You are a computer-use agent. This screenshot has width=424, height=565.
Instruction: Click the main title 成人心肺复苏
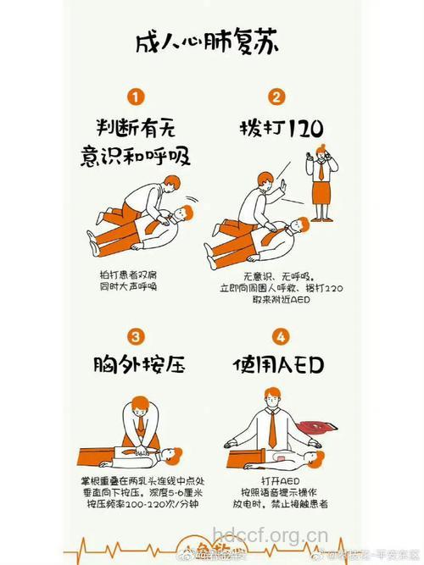pyautogui.click(x=211, y=43)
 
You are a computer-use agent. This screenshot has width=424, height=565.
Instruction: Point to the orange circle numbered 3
pyautogui.click(x=137, y=335)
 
